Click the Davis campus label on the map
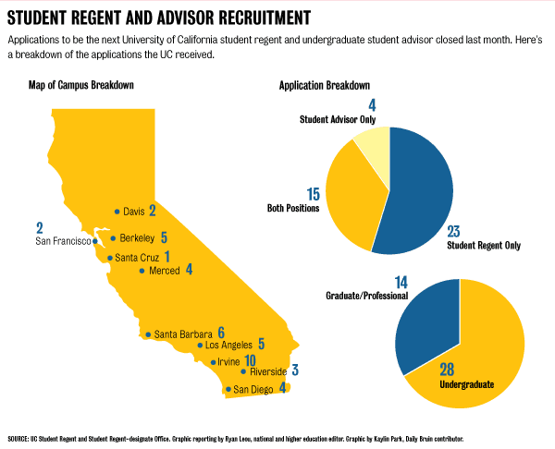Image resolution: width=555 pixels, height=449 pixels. click(134, 212)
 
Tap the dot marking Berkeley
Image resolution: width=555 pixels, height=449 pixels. click(113, 237)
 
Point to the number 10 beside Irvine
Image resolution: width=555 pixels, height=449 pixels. click(250, 359)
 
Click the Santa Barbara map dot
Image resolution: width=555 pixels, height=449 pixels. click(148, 334)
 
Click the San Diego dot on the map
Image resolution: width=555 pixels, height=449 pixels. click(228, 390)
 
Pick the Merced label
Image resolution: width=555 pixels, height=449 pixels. click(164, 271)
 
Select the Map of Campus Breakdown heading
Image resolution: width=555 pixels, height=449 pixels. click(81, 85)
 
